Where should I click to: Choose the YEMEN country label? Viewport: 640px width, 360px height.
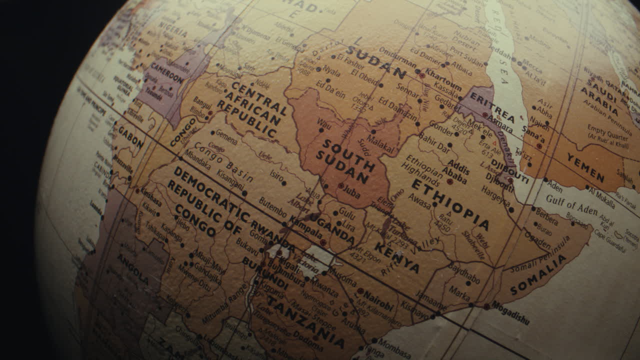pyautogui.click(x=585, y=167)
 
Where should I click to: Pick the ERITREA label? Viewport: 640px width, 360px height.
pyautogui.click(x=492, y=107)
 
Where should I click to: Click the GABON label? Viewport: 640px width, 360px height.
pyautogui.click(x=131, y=136)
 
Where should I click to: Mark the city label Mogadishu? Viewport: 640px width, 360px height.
pyautogui.click(x=510, y=312)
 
